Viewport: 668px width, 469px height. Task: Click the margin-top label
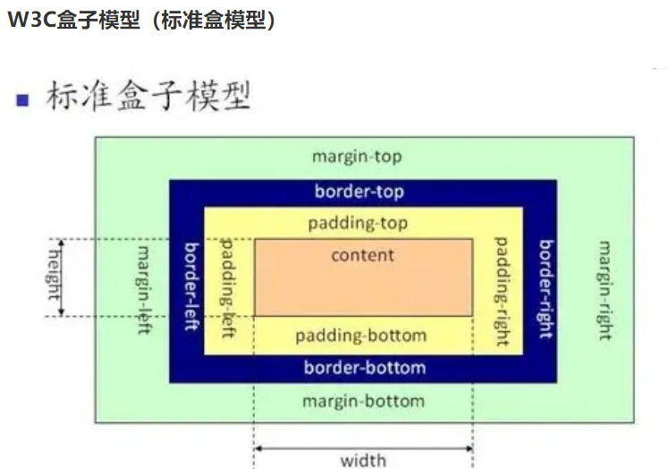[357, 157]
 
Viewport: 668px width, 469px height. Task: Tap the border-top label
[359, 192]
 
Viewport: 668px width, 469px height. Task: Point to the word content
[362, 255]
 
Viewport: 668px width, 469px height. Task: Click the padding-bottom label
[360, 337]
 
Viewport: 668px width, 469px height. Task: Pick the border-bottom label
[364, 367]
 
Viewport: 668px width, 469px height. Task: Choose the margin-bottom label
[363, 400]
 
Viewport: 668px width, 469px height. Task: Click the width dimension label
[363, 460]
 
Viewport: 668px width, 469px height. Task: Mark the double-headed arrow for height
[62, 277]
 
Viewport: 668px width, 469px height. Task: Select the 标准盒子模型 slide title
[147, 97]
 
